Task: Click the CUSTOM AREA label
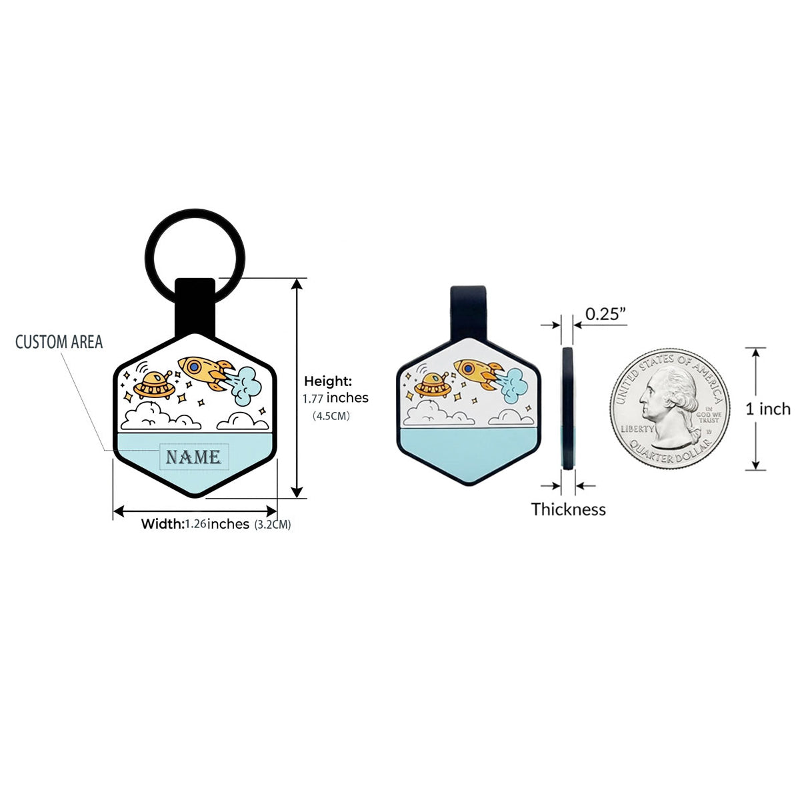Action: [x=59, y=342]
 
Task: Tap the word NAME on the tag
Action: [x=193, y=457]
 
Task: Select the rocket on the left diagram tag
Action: [x=206, y=373]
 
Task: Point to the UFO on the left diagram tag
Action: [x=154, y=385]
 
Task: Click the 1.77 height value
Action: [x=313, y=399]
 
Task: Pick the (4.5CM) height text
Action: [x=331, y=415]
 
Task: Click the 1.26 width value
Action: [x=195, y=523]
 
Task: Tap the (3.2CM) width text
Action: [x=273, y=525]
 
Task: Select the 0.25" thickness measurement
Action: [x=605, y=314]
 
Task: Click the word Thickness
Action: [x=569, y=509]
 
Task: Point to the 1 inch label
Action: [x=768, y=409]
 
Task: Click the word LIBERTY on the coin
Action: [x=637, y=429]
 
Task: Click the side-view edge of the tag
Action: [x=567, y=409]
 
